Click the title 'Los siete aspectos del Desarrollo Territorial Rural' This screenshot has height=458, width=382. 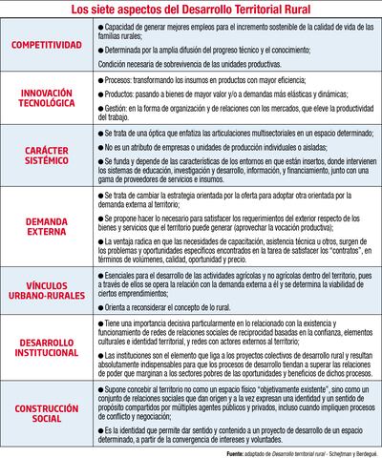(192, 10)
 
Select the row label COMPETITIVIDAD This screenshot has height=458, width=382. (53, 43)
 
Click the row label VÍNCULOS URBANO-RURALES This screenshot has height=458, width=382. (53, 288)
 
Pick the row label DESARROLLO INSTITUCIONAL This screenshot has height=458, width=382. (53, 345)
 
